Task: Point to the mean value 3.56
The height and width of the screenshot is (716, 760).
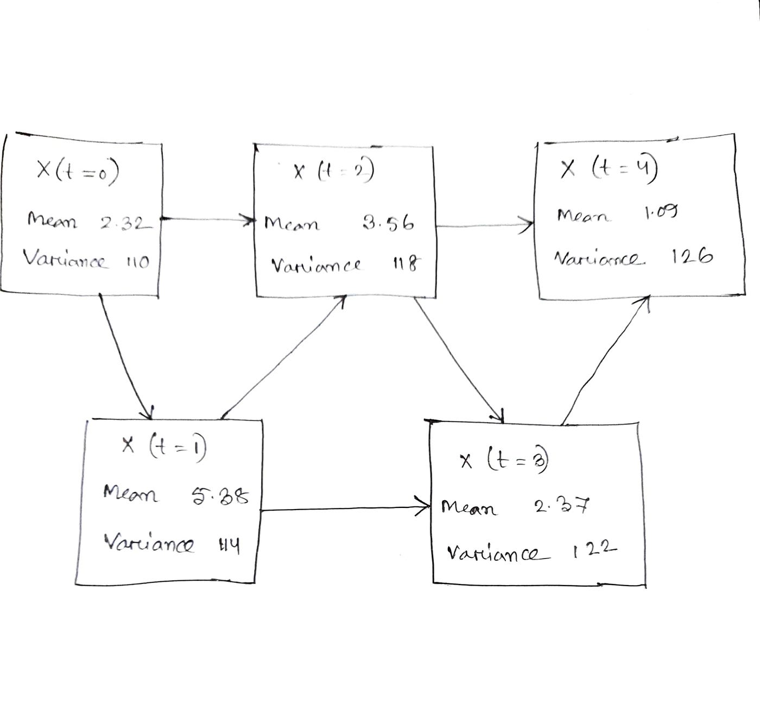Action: (388, 223)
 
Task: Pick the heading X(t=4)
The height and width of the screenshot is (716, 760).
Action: (609, 171)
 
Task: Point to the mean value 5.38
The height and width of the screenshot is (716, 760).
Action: (220, 496)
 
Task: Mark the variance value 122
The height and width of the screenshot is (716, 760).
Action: (594, 551)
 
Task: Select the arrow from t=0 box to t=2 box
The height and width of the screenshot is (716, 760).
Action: (209, 219)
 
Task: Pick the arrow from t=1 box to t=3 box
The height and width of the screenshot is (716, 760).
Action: (345, 510)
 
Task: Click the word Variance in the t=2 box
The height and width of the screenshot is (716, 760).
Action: (315, 266)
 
